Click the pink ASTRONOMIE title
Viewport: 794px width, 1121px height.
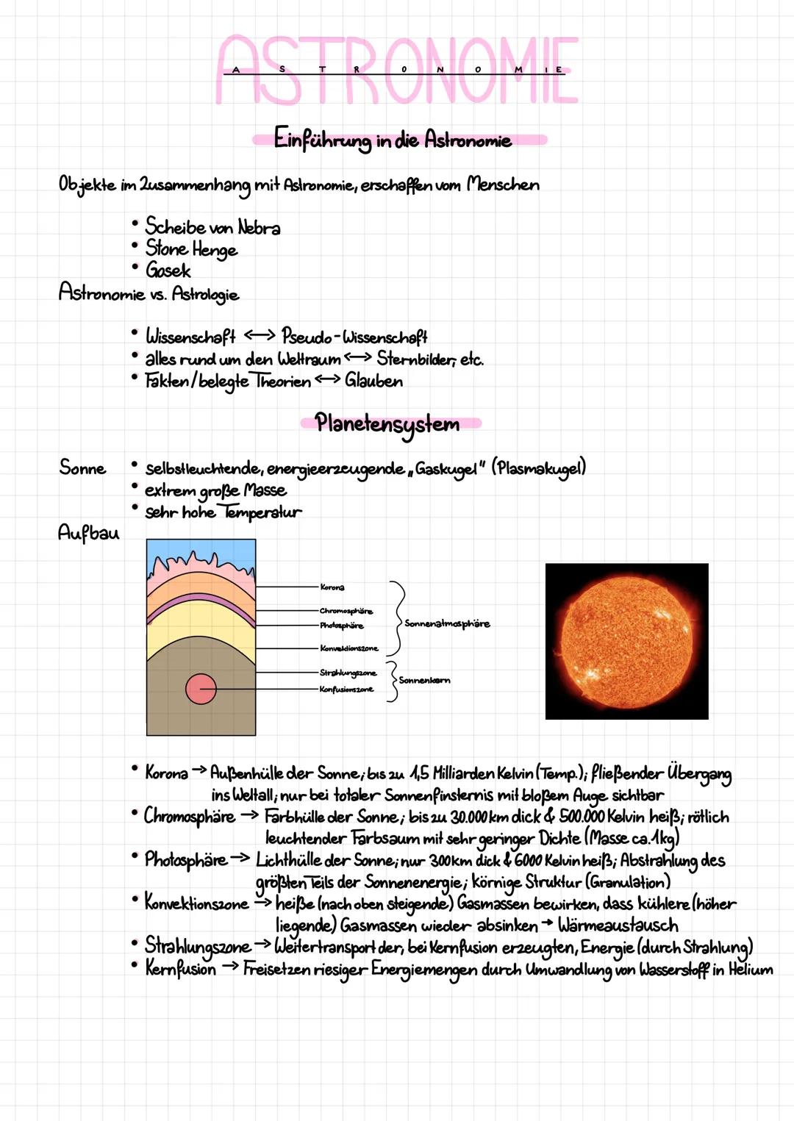(x=397, y=70)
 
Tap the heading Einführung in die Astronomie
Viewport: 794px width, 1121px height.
(x=393, y=139)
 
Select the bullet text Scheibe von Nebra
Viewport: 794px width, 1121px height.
(x=212, y=226)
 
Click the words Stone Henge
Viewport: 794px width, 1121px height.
(x=191, y=248)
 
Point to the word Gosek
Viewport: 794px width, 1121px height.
(x=168, y=271)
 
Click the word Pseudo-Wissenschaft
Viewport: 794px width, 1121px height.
(x=354, y=337)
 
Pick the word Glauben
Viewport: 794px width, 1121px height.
(x=374, y=381)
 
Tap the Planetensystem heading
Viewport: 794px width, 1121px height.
(x=387, y=423)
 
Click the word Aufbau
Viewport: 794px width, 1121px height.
(x=88, y=532)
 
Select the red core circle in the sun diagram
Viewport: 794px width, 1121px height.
(x=201, y=689)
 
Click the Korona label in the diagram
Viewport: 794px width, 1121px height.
(x=332, y=587)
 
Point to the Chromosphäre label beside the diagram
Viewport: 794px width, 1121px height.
(x=346, y=611)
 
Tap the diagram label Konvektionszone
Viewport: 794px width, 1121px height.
(x=349, y=648)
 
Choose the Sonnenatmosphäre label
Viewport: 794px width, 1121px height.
(x=447, y=623)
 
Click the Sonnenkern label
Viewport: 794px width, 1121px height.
(x=425, y=681)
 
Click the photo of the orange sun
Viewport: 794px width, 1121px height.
(x=626, y=641)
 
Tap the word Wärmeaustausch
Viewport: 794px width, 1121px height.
(x=618, y=925)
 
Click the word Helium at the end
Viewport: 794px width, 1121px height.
(x=751, y=970)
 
